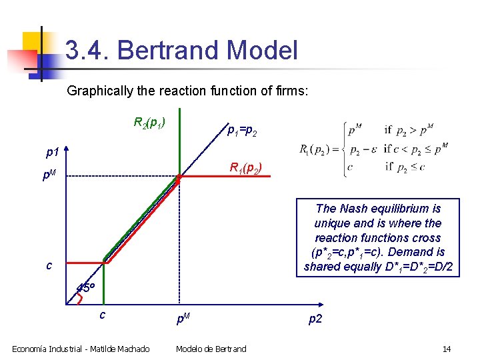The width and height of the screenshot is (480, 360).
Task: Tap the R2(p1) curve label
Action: click(149, 123)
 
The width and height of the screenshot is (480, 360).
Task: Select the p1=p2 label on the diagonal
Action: click(242, 133)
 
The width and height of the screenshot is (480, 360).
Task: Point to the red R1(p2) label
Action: click(245, 167)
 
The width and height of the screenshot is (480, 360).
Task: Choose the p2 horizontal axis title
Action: click(315, 319)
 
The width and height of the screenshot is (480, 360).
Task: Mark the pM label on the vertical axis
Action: click(49, 177)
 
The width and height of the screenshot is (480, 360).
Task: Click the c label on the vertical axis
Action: click(49, 265)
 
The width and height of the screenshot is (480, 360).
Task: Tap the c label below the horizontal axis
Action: click(102, 314)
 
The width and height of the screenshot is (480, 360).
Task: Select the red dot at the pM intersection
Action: click(179, 179)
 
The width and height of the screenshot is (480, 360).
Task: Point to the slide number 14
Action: click(447, 349)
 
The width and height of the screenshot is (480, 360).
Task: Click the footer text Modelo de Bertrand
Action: click(211, 349)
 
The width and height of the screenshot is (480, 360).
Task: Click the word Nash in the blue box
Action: click(354, 209)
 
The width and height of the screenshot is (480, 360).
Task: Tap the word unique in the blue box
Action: click(331, 223)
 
